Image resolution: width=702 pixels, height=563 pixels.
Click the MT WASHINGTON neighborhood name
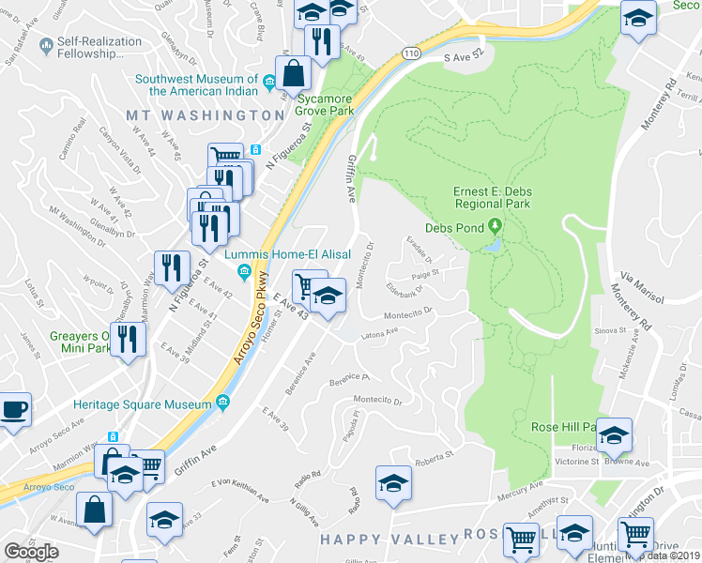[x=206, y=114]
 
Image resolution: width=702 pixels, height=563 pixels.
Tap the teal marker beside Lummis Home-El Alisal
[x=244, y=273]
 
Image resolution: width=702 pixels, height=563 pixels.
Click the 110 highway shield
[x=413, y=54]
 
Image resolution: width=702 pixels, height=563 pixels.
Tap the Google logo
[x=31, y=552]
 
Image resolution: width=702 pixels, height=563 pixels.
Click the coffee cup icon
[x=13, y=410]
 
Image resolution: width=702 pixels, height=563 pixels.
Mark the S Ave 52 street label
[x=468, y=56]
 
